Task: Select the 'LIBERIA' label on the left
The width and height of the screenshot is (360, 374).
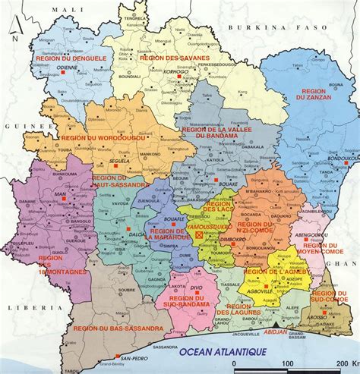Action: (23, 309)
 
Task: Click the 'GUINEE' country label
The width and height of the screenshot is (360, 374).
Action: (16, 125)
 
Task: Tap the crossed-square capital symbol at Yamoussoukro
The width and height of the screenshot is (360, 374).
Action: (200, 235)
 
